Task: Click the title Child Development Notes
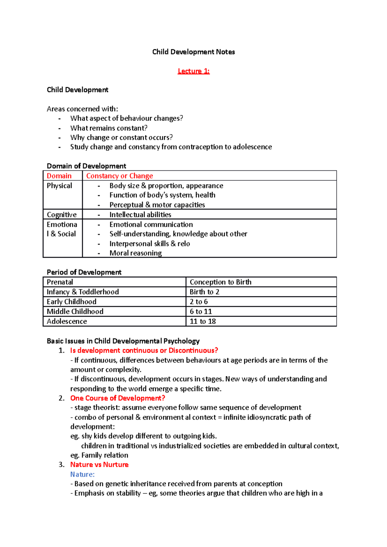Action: [x=193, y=52]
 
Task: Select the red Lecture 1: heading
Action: [x=193, y=71]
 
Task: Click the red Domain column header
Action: [x=59, y=176]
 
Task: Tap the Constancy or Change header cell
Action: [x=119, y=176]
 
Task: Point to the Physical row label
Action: [x=59, y=186]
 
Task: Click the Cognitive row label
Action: [x=62, y=215]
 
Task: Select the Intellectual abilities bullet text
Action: [x=140, y=215]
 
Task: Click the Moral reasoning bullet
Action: [x=135, y=253]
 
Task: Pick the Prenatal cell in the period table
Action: [x=60, y=282]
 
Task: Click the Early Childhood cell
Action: [x=71, y=302]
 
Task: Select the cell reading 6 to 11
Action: [x=201, y=312]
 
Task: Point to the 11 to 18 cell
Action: [x=203, y=321]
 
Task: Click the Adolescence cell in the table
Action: [x=67, y=321]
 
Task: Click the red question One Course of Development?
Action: [x=117, y=398]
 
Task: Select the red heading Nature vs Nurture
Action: [x=99, y=465]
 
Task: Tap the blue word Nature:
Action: [x=82, y=475]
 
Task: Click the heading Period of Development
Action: [x=84, y=272]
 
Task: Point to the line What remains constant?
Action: [x=109, y=128]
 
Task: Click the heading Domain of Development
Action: [x=86, y=166]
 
